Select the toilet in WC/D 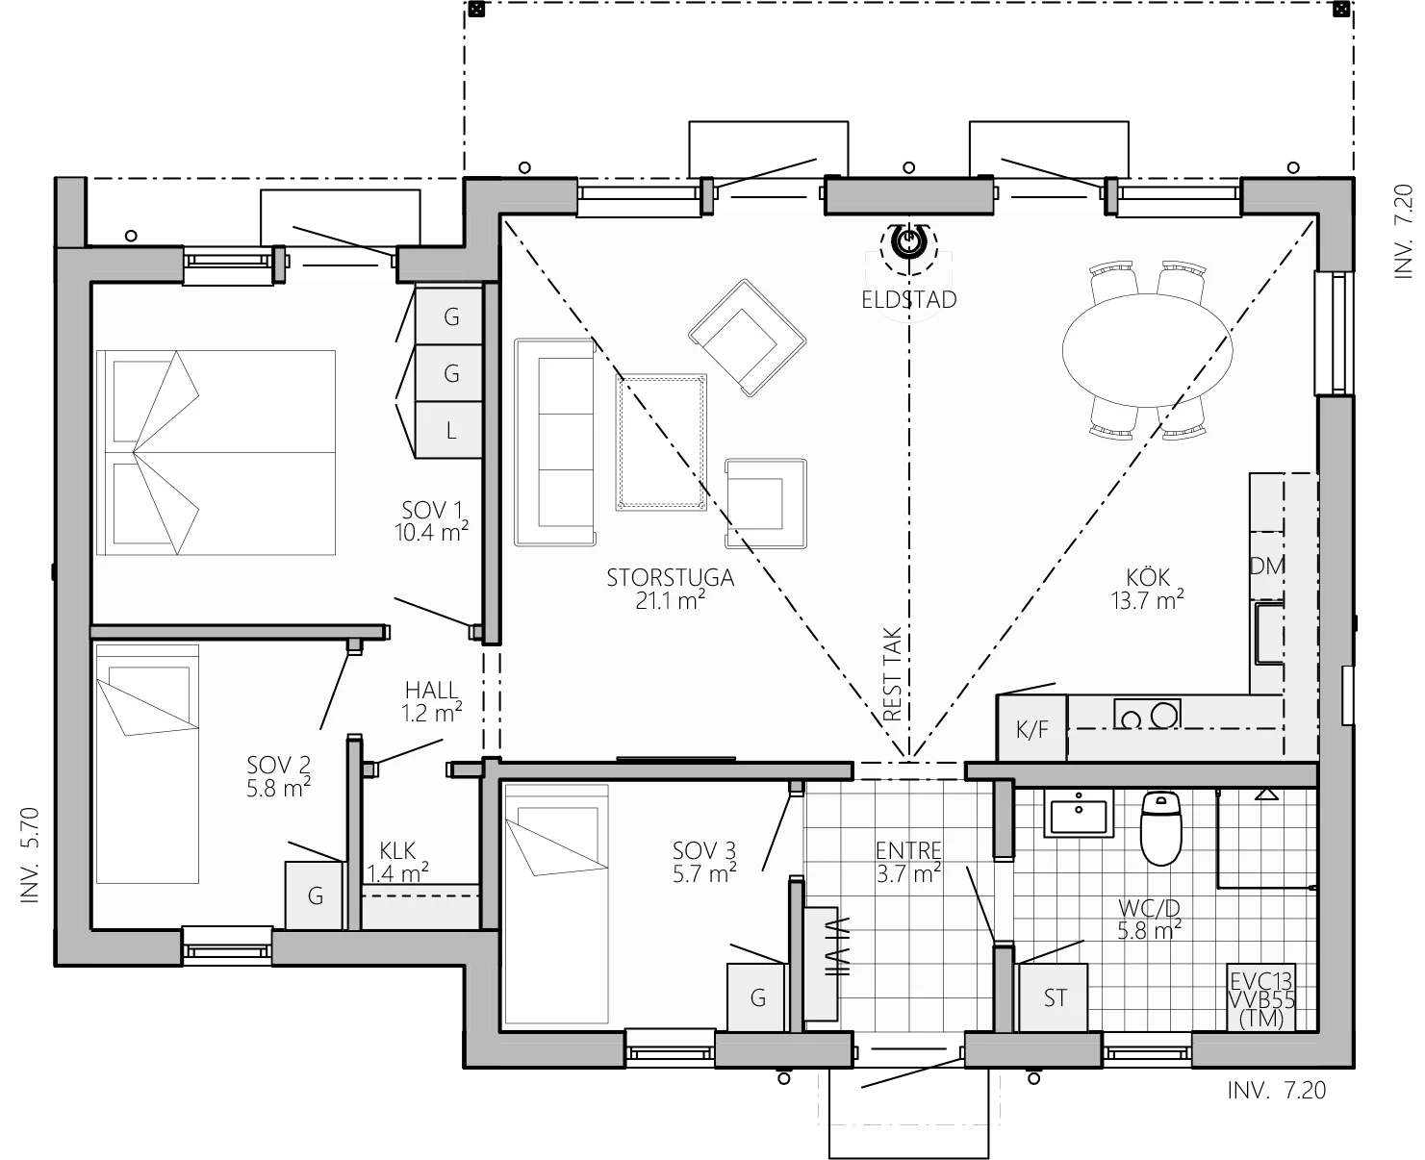pos(1159,829)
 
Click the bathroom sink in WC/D pos(1078,816)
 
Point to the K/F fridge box pos(1032,729)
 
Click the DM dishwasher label pos(1267,566)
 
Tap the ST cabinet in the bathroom pos(1055,997)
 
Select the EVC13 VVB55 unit pos(1262,1000)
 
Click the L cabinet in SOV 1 pos(450,430)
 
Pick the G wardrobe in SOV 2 pos(315,895)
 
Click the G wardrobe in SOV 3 pos(757,997)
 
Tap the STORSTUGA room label pos(670,588)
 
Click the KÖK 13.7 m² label pos(1148,588)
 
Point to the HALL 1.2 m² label pos(431,700)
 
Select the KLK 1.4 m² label pos(397,862)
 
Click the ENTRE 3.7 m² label pos(907,861)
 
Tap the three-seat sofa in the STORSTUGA pos(554,441)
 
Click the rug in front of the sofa pos(662,442)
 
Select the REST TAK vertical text pos(892,674)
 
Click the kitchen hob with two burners pos(1147,715)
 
